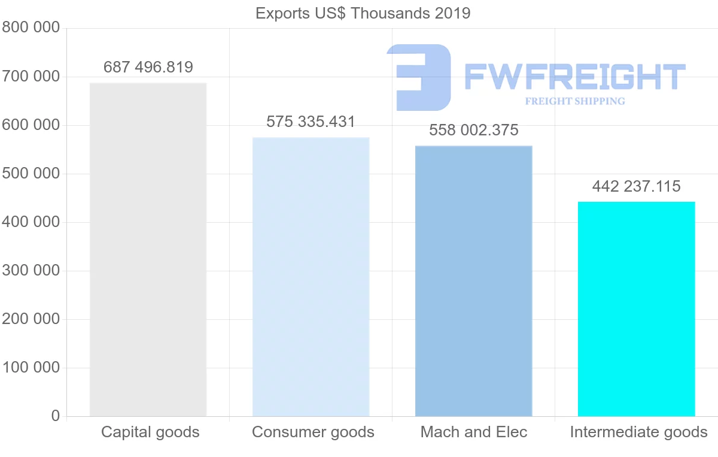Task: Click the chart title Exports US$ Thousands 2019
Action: [x=363, y=13]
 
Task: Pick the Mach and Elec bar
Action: [x=474, y=281]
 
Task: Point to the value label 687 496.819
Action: [x=148, y=67]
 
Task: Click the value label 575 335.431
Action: [x=311, y=122]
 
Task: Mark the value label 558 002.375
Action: [x=474, y=131]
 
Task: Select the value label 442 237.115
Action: [x=637, y=187]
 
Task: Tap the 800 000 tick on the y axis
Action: [x=31, y=28]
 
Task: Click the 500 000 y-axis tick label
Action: [x=31, y=174]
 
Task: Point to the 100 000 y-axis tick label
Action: [x=31, y=367]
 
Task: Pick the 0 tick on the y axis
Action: [x=56, y=416]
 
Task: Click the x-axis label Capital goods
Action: [x=150, y=432]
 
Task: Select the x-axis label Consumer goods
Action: [x=313, y=432]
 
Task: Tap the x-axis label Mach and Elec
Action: [x=474, y=432]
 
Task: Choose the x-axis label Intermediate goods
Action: [x=638, y=432]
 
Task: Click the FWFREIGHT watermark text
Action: [x=574, y=77]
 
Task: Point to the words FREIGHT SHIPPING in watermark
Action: [x=574, y=101]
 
